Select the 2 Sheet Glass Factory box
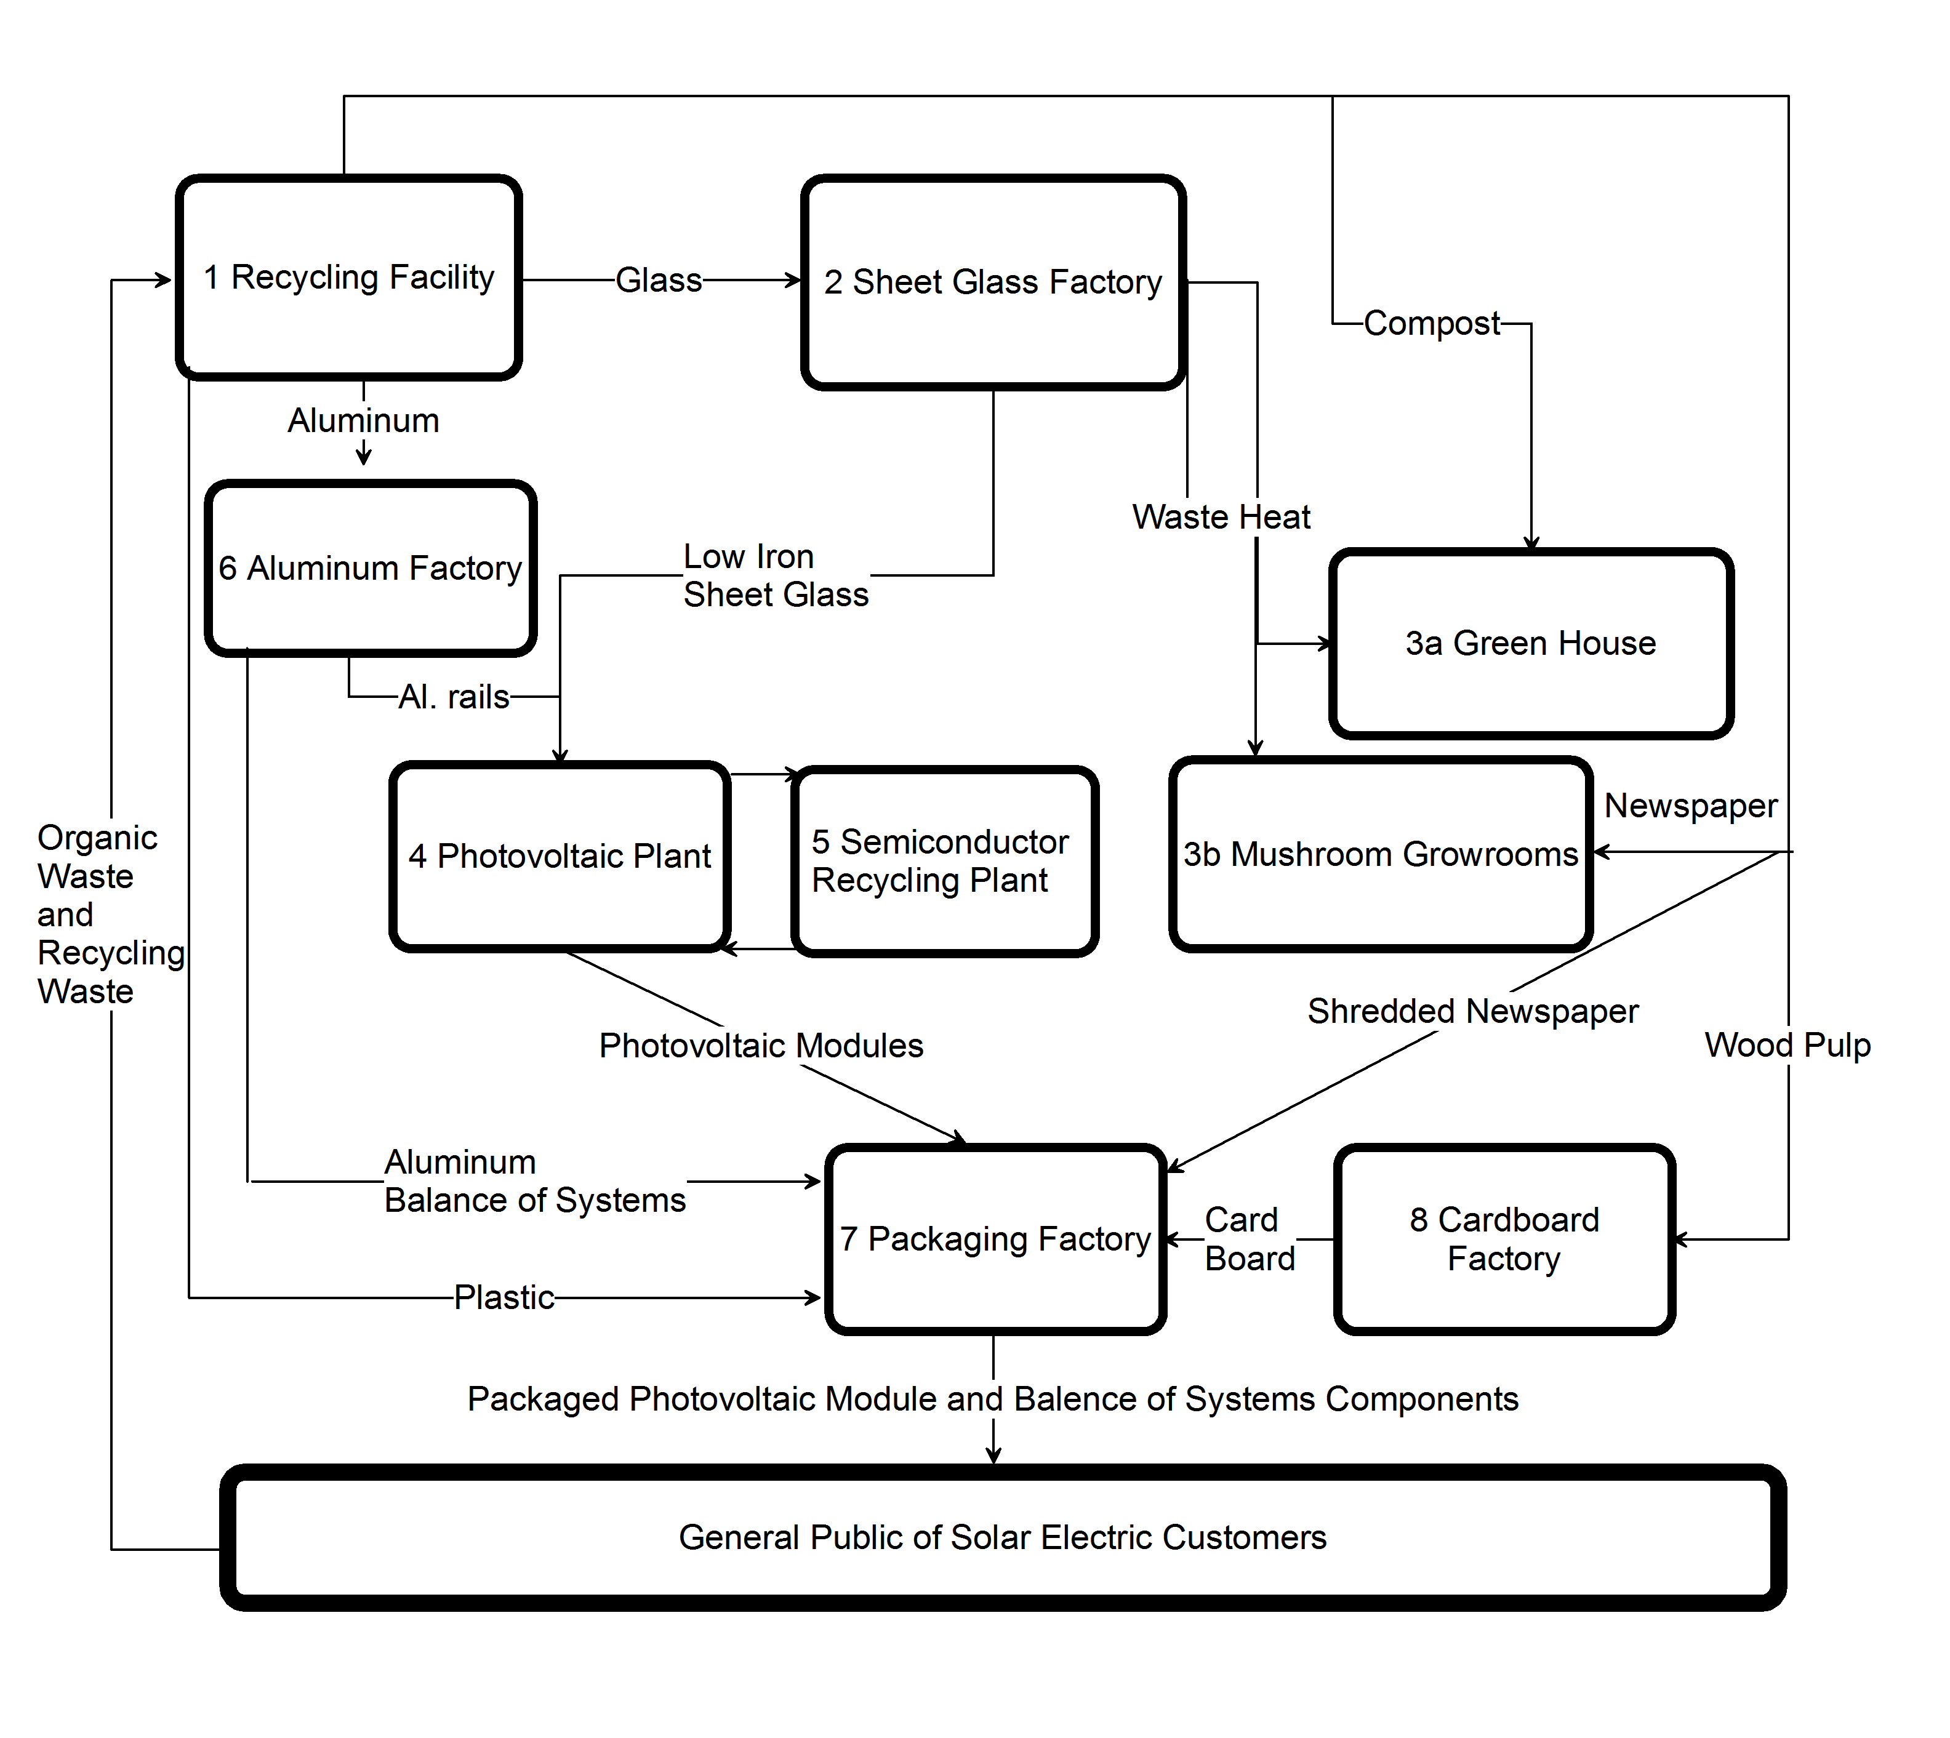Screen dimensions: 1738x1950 pos(993,282)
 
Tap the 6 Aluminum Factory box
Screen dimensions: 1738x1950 pos(371,568)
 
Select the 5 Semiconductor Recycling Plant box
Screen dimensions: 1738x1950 pos(944,862)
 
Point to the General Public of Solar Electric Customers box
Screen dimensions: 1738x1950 pos(1003,1537)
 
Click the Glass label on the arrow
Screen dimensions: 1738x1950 pos(659,281)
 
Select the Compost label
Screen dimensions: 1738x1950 pos(1432,324)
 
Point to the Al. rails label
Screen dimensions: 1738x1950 pos(454,697)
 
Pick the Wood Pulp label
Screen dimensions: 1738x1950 pos(1787,1046)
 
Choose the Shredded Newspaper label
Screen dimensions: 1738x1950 pos(1472,1011)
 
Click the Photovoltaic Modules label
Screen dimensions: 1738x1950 pos(761,1046)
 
